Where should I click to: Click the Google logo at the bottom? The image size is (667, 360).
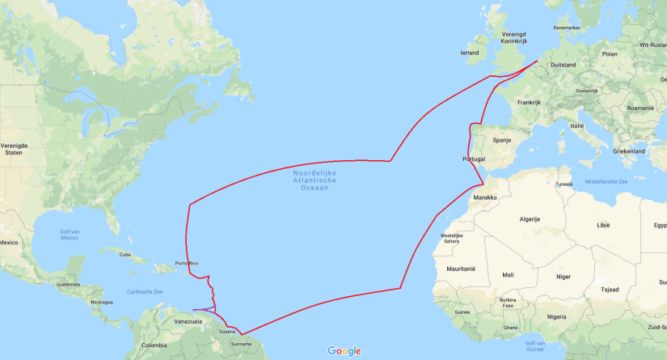[344, 350]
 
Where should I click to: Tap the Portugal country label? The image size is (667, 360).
[474, 159]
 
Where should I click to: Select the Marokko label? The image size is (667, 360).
[485, 197]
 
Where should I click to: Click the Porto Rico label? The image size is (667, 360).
[187, 263]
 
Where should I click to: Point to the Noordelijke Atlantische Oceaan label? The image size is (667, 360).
[315, 180]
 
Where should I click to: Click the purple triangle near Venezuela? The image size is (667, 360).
[206, 309]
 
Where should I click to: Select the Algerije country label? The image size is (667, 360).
[529, 219]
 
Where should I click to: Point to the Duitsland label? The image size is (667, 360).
[563, 65]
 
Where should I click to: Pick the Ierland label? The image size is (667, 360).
[470, 53]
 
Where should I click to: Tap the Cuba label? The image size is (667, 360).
[125, 254]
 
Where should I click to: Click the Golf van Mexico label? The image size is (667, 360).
[69, 235]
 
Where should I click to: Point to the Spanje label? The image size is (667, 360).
[503, 139]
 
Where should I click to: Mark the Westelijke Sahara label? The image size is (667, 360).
[452, 238]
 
